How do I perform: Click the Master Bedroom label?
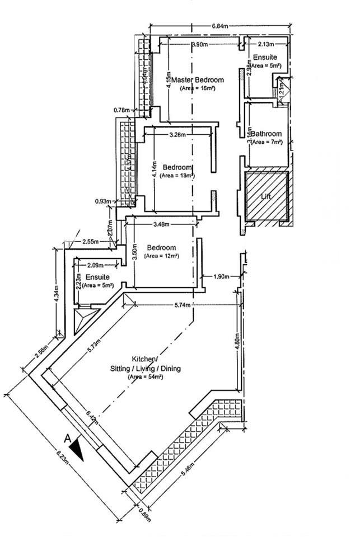click(x=198, y=80)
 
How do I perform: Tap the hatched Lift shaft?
click(x=267, y=196)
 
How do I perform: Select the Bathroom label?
click(x=266, y=134)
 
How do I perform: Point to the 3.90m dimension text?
click(x=200, y=44)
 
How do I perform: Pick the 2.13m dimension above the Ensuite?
click(x=266, y=44)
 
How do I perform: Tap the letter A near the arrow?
click(x=68, y=438)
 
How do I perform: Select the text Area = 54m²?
click(x=144, y=378)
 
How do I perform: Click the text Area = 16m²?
click(x=198, y=88)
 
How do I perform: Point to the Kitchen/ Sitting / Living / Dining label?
click(x=145, y=364)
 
